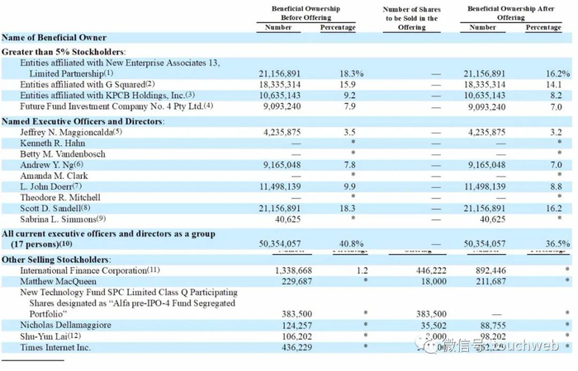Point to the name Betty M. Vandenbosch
coord(65,154)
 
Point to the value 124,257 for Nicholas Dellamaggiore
coord(288,326)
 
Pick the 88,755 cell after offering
coord(491,326)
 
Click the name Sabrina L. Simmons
coord(64,219)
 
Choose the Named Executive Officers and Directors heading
coord(83,121)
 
